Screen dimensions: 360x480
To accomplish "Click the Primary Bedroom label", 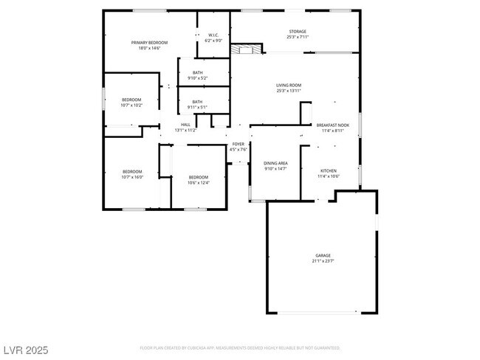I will pos(149,43).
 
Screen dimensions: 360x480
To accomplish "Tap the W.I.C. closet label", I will pos(213,35).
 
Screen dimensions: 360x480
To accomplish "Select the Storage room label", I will pos(298,31).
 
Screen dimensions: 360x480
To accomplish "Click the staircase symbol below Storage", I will pos(247,49).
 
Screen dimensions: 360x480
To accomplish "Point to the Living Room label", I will pos(289,86).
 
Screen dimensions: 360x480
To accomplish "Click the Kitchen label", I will pos(328,170).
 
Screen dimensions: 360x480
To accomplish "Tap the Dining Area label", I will pos(276,163).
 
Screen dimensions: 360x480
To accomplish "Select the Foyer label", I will pos(238,144).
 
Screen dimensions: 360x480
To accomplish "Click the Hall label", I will pos(185,125).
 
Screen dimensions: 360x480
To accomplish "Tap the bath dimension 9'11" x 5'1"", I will pos(197,107).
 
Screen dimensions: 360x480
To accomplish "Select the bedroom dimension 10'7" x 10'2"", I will pos(131,105).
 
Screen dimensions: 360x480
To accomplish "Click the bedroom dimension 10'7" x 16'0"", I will pos(131,177).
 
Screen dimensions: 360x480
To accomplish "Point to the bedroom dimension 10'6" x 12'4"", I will pos(199,182).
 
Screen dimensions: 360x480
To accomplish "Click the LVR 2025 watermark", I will pos(24,348).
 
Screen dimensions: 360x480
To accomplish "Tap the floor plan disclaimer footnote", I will pos(240,347).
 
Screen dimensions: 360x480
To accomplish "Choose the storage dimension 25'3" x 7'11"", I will pos(298,37).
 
